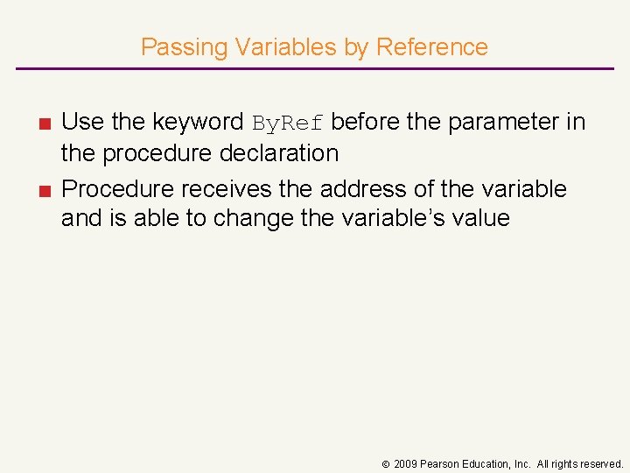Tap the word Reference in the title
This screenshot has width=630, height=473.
(431, 47)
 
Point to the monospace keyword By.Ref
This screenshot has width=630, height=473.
(288, 123)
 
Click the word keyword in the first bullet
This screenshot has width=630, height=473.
(199, 122)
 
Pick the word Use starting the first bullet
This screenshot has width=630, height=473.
(83, 122)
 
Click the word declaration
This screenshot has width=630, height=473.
(282, 153)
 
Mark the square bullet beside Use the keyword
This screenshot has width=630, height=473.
(43, 124)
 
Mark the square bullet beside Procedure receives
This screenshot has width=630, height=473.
(43, 190)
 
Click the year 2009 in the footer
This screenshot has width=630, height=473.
(404, 464)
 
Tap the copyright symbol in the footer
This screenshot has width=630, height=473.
(384, 464)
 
